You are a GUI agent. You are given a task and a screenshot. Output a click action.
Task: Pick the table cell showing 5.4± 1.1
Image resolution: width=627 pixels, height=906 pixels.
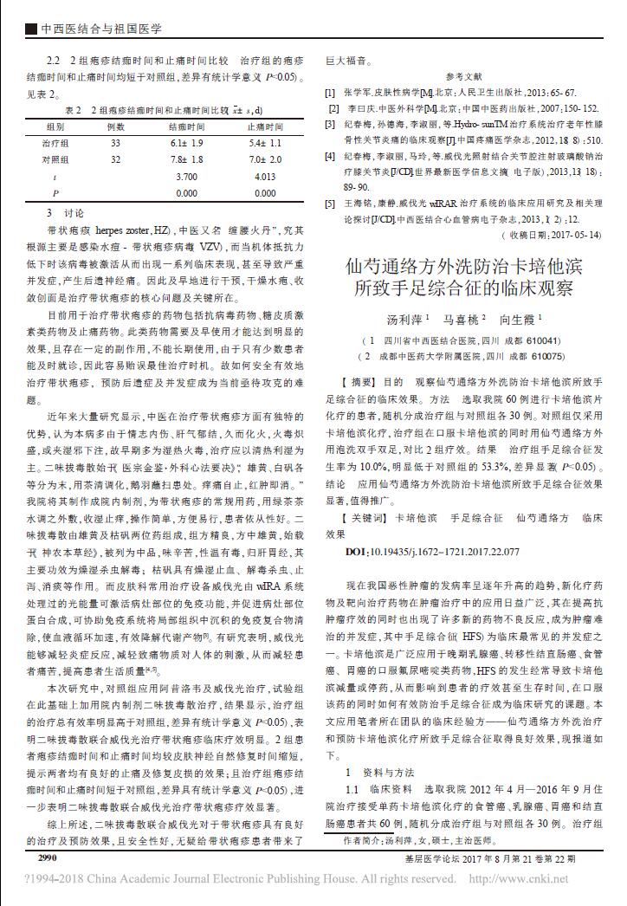[266, 142]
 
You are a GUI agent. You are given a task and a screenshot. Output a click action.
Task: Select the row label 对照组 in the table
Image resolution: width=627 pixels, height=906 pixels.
[55, 159]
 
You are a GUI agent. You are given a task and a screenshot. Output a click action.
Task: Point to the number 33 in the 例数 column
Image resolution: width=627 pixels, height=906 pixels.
[115, 142]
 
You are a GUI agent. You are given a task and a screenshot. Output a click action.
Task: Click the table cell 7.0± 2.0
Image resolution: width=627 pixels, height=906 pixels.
[266, 159]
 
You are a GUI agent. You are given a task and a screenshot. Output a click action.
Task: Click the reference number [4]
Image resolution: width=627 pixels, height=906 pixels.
[330, 157]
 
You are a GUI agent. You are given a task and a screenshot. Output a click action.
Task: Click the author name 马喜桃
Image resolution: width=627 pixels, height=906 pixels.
[462, 320]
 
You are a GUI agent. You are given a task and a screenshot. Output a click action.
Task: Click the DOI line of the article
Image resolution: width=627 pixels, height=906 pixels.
[432, 551]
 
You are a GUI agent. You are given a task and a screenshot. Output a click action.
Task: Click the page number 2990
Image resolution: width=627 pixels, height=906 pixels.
[42, 860]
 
